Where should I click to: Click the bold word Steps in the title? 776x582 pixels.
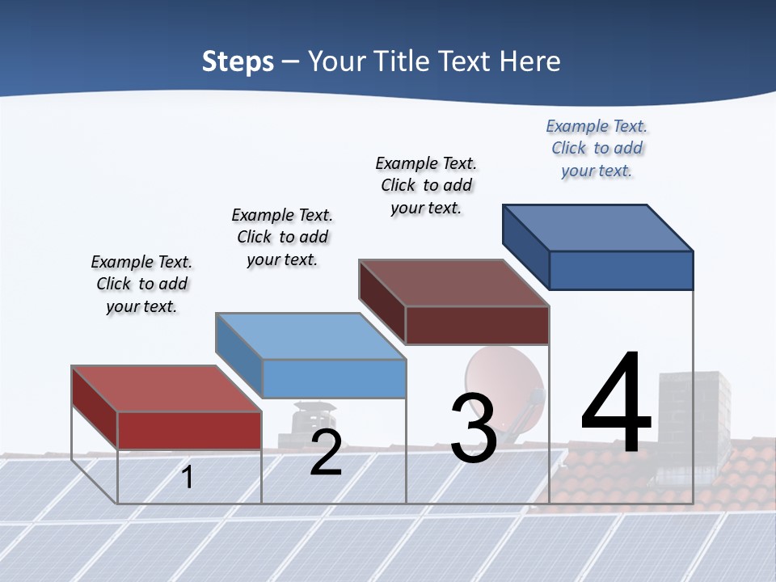[238, 61]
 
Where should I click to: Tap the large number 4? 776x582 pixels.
[616, 404]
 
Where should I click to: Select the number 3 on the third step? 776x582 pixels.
[473, 428]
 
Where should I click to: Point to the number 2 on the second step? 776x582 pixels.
[326, 453]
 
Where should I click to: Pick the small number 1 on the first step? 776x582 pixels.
[188, 477]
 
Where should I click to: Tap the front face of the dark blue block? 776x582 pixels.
[621, 270]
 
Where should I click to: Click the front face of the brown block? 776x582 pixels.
[477, 326]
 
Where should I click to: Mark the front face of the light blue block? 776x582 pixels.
[334, 378]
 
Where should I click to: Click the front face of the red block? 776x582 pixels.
[189, 430]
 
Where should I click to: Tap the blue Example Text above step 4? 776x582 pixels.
[597, 148]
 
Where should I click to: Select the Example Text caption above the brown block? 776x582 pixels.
[426, 185]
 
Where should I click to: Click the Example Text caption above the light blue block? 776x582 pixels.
[282, 237]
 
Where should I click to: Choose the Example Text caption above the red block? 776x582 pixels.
[141, 284]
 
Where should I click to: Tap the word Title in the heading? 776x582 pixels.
[404, 61]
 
